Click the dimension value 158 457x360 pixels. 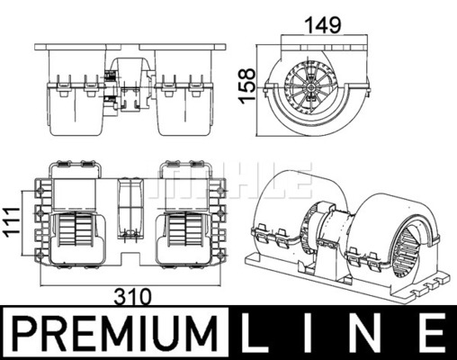coord(247,86)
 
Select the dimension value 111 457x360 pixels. coord(13,222)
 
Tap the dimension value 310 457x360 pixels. coord(133,297)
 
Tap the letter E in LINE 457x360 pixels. coord(430,334)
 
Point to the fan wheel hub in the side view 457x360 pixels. coord(311,87)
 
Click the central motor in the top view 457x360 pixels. coord(130,208)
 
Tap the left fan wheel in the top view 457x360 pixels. coord(75,229)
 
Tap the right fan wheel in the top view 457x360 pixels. coord(184,229)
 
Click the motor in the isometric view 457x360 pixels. coord(326,231)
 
